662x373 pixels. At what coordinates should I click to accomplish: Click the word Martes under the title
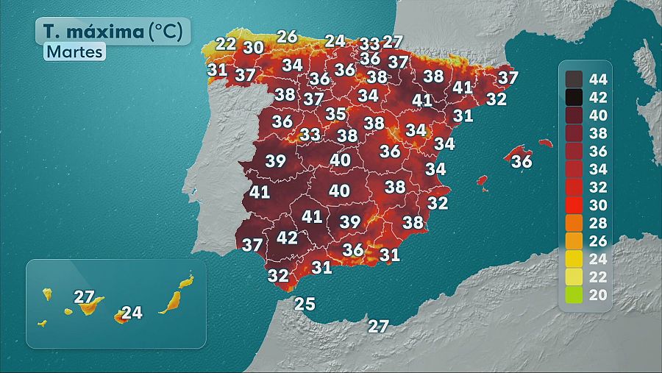point(74,52)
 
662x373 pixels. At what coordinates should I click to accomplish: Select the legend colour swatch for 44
point(574,79)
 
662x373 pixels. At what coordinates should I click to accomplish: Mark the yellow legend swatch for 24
point(574,259)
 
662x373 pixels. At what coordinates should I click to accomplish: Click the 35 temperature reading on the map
point(336,114)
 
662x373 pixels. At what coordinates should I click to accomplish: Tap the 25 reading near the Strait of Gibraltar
point(305,304)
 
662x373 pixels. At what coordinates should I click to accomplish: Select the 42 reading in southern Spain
point(287,238)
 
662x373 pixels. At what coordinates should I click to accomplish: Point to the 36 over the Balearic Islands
point(522,160)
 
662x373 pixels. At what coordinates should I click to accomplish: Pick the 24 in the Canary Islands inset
point(131,313)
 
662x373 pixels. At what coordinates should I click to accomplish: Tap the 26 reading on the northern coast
point(287,36)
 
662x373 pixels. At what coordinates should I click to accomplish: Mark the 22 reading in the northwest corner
point(226,43)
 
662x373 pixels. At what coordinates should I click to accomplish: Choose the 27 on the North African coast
point(378,326)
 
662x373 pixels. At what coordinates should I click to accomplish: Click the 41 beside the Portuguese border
point(260,192)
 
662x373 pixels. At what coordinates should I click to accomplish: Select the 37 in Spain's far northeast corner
point(508,77)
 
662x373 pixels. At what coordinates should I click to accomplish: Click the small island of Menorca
point(545,142)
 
